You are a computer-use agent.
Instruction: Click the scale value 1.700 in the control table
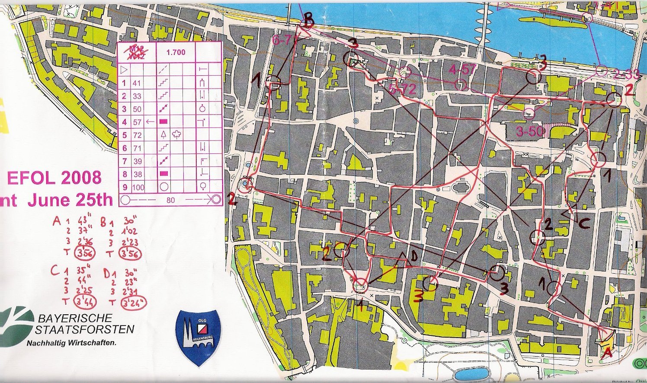coord(175,52)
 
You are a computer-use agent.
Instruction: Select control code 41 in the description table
coord(137,83)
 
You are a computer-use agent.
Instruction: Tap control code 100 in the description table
coord(138,188)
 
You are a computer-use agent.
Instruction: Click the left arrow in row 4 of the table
coord(150,122)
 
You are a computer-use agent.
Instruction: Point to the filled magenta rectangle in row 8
coord(163,174)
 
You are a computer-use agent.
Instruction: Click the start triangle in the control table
coord(124,69)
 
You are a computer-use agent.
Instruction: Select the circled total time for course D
coord(134,301)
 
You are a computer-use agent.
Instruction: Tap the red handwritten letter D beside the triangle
coord(414,257)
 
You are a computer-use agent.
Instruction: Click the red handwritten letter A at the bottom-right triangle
coord(607,352)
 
